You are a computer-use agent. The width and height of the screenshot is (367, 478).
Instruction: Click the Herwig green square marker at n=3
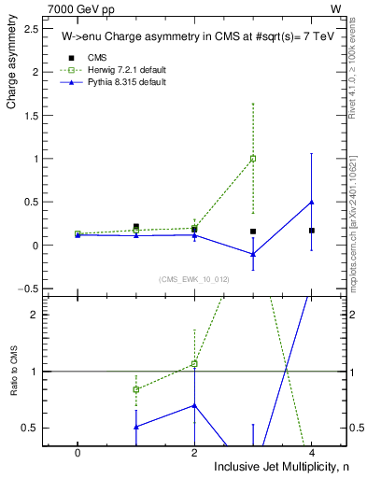253,159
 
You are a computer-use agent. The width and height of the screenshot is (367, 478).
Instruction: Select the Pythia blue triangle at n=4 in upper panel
311,202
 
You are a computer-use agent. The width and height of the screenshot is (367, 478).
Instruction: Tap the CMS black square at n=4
311,230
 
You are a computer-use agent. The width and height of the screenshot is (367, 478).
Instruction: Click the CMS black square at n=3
253,231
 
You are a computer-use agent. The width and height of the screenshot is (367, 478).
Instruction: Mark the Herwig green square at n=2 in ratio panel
194,363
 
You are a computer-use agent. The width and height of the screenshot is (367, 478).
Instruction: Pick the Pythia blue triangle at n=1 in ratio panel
136,427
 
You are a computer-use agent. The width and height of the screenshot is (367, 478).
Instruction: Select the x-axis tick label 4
311,452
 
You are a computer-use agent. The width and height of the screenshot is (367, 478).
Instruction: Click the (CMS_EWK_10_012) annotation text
194,279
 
